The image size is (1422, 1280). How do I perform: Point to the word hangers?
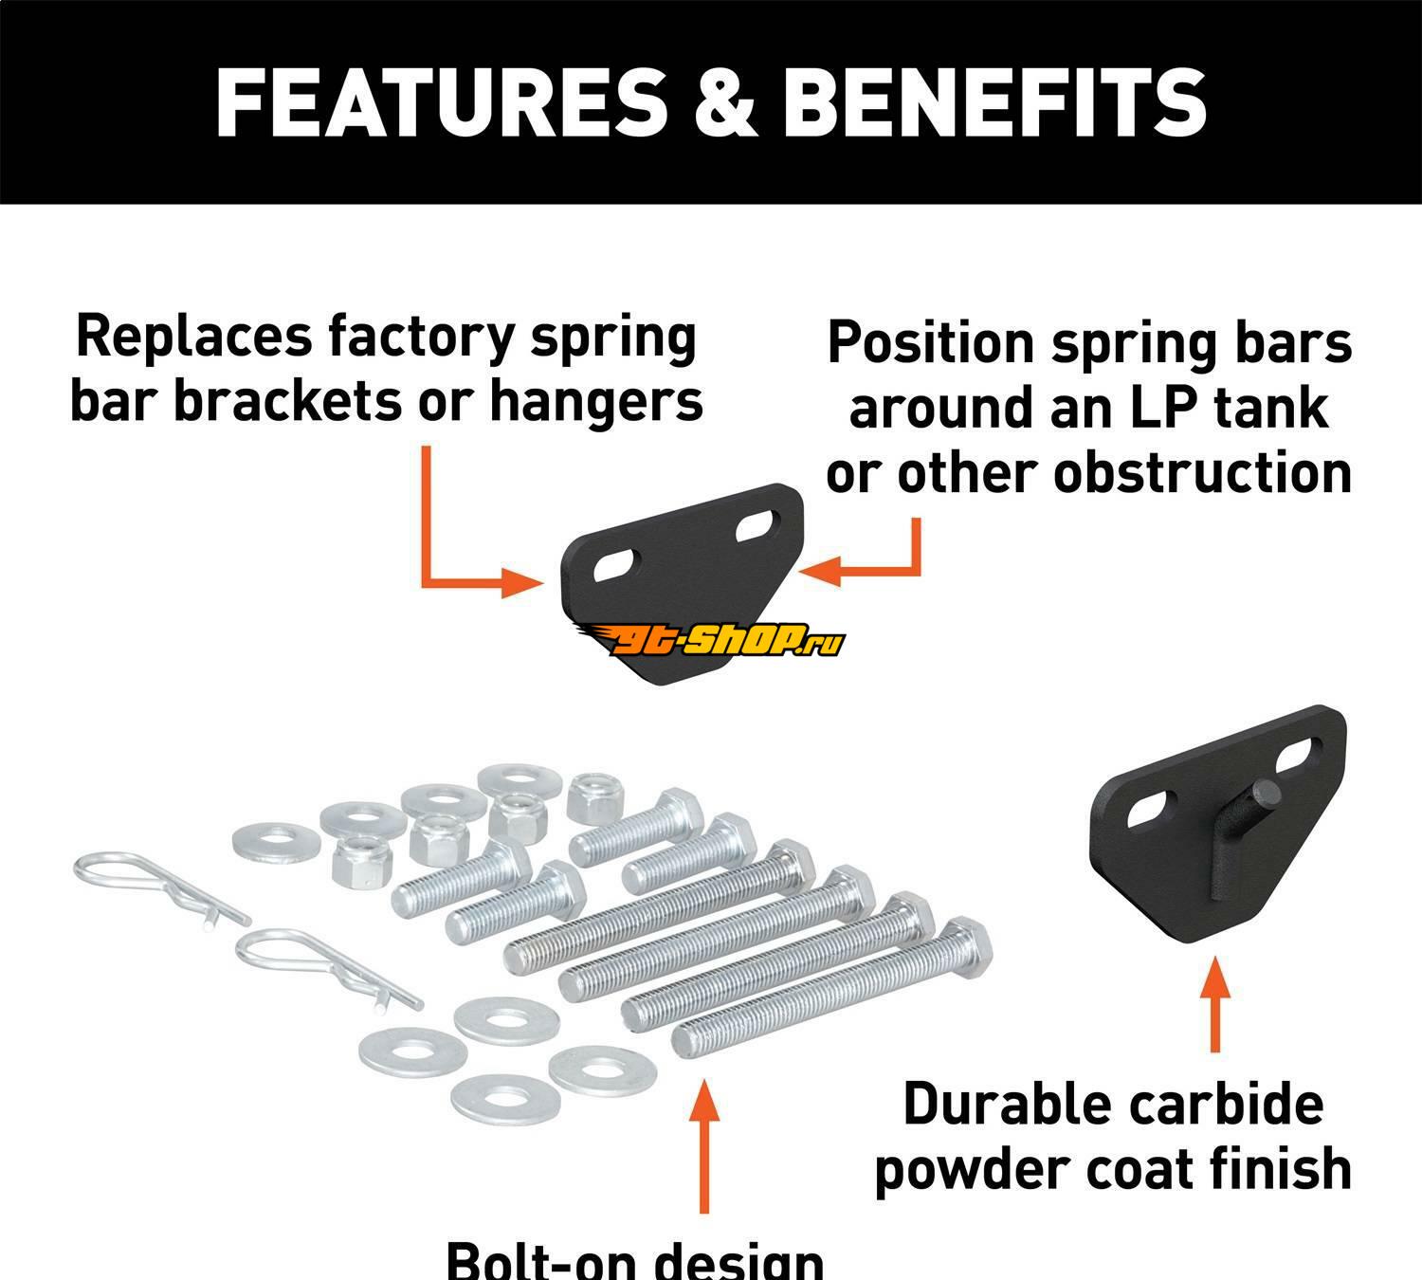[x=596, y=401]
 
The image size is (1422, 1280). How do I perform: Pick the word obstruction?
[x=1203, y=471]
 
